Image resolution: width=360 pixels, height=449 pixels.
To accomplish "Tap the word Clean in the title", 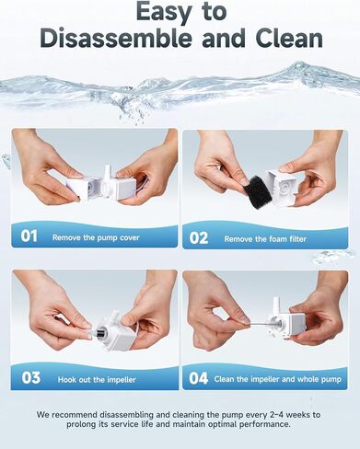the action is tap(289, 38).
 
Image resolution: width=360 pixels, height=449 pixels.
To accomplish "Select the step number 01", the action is tap(29, 236).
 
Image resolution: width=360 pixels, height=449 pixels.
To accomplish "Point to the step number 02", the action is tap(199, 238).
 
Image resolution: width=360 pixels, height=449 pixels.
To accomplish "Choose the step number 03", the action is tap(31, 378).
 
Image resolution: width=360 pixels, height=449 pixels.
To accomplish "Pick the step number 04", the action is tap(199, 378).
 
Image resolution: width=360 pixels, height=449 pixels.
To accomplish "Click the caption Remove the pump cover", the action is tap(96, 237).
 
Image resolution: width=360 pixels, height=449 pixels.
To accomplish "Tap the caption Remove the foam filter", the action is tap(265, 239).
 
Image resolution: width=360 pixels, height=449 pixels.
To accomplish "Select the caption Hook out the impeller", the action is tap(97, 380).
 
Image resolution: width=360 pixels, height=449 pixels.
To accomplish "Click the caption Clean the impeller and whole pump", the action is tap(277, 379).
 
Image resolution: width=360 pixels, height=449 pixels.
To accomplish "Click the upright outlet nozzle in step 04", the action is tap(275, 305).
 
